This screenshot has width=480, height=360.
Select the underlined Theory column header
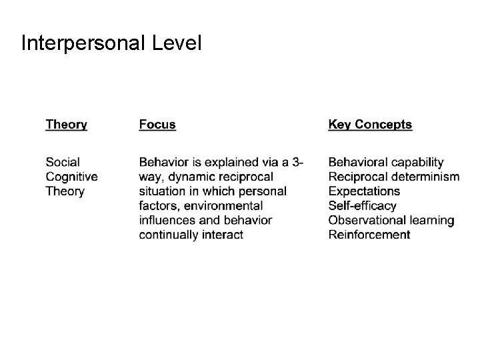66,125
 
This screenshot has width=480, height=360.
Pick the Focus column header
157,125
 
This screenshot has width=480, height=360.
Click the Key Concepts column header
370,125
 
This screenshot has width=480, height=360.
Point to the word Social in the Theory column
63,162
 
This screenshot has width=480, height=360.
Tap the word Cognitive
71,177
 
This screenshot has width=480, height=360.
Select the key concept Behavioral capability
386,162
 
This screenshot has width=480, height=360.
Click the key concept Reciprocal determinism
393,177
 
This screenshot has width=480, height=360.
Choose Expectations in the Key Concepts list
364,191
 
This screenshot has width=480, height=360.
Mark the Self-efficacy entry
362,205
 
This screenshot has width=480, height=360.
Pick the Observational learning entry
391,220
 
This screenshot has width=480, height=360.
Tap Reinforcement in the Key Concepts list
369,234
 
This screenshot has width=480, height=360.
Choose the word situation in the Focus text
163,191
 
